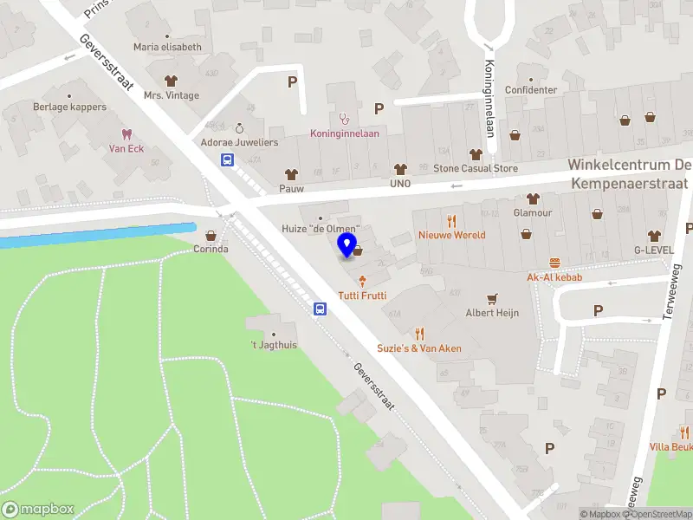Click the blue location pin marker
[347, 245]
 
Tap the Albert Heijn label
[492, 313]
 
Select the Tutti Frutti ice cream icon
[362, 279]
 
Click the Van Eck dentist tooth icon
[126, 133]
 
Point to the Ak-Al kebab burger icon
[554, 263]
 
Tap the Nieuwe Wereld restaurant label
[451, 235]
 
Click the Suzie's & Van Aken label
[418, 348]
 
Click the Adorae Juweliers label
[239, 141]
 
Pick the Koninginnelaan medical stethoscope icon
[344, 119]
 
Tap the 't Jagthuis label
[274, 346]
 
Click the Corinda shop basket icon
[210, 235]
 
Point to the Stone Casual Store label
[475, 169]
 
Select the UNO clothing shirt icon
[399, 169]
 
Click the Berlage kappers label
[70, 107]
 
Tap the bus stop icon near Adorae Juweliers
[227, 159]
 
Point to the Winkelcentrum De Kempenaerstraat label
[629, 173]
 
